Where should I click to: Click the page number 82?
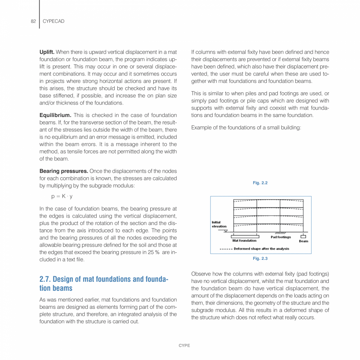tap(33, 22)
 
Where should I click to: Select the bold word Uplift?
tap(47, 52)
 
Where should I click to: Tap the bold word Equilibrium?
tap(55, 115)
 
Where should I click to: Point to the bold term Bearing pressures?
tap(64, 171)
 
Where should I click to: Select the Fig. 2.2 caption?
tap(260, 183)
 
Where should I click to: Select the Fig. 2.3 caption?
tap(260, 259)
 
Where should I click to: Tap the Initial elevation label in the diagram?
tap(219, 224)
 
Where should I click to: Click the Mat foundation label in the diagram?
tap(244, 241)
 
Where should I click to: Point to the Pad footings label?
tap(281, 237)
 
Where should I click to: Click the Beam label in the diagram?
tap(303, 241)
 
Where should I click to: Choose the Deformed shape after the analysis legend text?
tap(261, 249)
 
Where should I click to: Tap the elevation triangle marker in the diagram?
tap(226, 231)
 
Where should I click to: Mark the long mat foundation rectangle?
tap(245, 236)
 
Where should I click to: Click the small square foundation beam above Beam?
tap(303, 236)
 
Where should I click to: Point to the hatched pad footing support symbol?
tap(280, 233)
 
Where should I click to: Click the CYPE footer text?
tap(184, 346)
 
